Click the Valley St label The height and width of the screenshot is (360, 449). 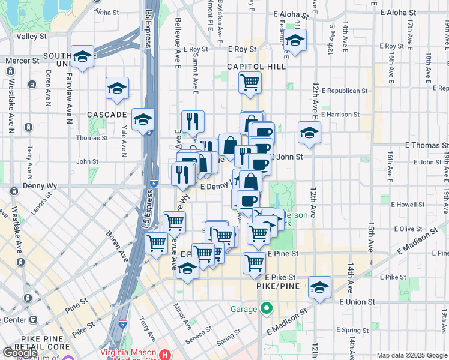click(31, 37)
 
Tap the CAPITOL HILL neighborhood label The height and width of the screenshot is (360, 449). click(256, 67)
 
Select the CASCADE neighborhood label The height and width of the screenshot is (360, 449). click(107, 114)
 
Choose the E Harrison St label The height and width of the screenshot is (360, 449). click(340, 114)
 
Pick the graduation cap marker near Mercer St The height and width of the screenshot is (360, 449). click(82, 57)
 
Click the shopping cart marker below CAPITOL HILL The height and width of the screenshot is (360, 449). click(250, 82)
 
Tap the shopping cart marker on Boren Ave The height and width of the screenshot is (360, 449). click(157, 244)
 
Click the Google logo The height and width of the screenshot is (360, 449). click(20, 353)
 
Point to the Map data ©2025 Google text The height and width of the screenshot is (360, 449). click(411, 355)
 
